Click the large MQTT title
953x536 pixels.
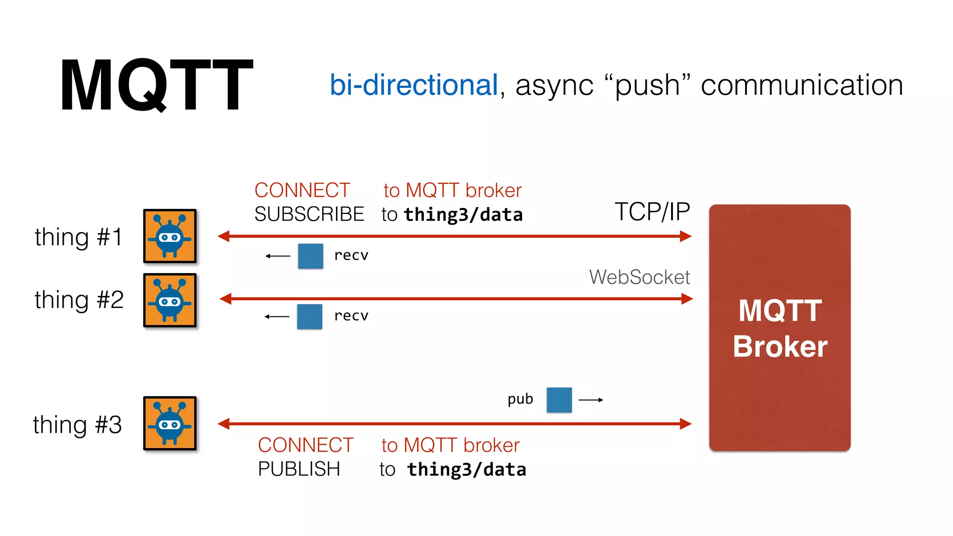coord(156,85)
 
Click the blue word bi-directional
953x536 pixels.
coord(414,85)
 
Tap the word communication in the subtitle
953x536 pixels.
coord(801,85)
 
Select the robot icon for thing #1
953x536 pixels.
coord(170,236)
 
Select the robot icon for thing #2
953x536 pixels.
coord(170,300)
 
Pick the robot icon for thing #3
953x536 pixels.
coord(170,423)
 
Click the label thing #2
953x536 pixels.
coord(79,299)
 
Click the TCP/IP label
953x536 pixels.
coord(652,212)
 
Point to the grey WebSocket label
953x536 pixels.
coord(639,277)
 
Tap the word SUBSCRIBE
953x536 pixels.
coord(309,214)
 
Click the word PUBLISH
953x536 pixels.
coord(299,469)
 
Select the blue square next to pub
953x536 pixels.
coord(559,400)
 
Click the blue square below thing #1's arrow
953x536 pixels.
coord(310,256)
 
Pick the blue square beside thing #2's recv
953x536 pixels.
coord(309,316)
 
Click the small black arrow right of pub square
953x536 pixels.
coord(591,400)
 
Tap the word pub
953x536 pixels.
coord(520,399)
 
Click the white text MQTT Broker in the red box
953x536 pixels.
coord(780,328)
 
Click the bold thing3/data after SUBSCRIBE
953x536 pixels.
coord(463,215)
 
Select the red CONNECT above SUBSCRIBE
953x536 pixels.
coord(302,190)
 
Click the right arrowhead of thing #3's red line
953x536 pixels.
coord(685,423)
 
